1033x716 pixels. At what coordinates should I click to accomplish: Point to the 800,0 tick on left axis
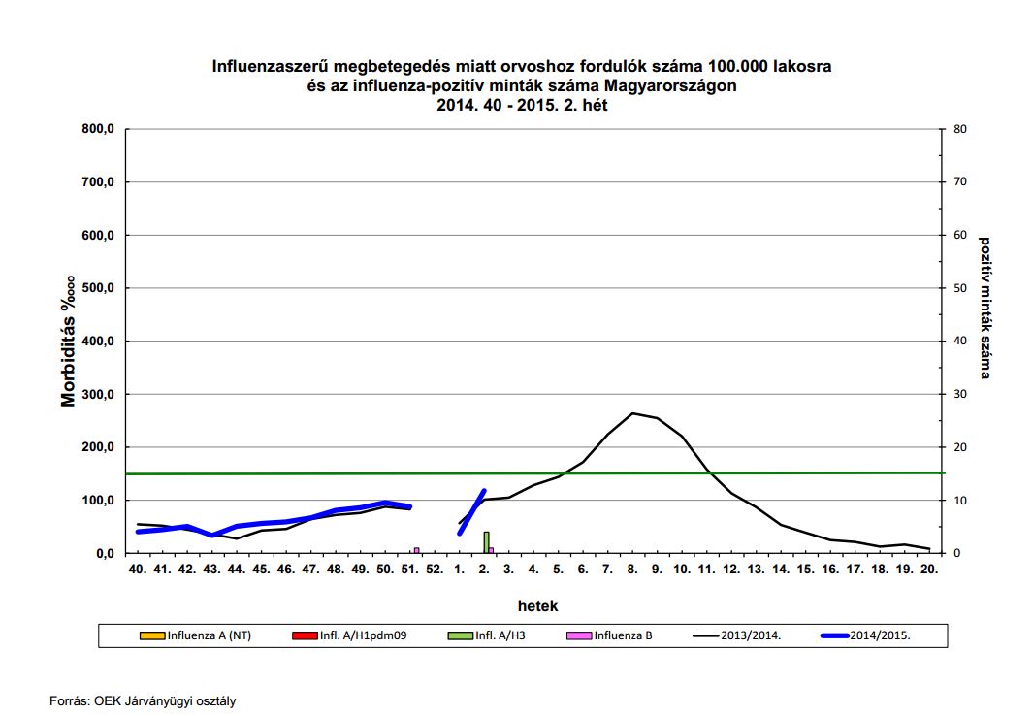pos(97,129)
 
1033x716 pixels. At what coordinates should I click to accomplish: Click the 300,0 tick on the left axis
pos(97,394)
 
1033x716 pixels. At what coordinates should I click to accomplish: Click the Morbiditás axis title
pos(69,341)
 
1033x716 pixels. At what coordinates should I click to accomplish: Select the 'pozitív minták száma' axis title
pos(985,308)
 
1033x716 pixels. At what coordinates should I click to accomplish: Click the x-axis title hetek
pos(536,605)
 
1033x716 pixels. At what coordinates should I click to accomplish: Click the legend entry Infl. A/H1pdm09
pos(359,636)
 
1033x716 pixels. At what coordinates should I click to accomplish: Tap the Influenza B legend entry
pos(622,636)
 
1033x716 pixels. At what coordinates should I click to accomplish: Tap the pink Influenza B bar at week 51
pos(417,550)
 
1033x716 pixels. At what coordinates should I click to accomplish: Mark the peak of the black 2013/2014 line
pos(632,413)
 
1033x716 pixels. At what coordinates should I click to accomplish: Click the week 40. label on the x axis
pos(139,570)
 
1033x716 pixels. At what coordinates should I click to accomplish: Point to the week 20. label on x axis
pos(929,570)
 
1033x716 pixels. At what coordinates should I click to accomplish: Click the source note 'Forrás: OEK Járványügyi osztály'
pos(143,700)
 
